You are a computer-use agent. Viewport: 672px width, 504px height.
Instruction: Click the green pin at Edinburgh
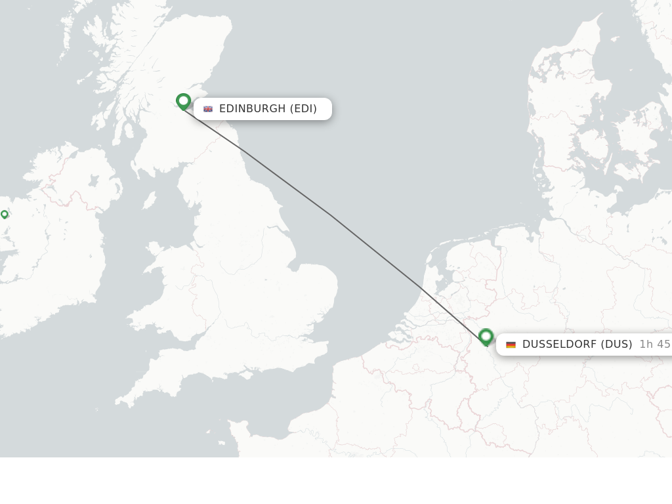pos(183,101)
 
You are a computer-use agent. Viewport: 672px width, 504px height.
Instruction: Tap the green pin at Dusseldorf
pos(486,337)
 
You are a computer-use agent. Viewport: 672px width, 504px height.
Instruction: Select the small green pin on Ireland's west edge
pos(5,214)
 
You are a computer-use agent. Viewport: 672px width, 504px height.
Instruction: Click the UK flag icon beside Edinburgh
pos(208,109)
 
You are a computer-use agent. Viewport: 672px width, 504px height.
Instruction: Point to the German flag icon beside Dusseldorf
pos(511,345)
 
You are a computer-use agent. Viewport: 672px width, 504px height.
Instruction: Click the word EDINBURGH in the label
pos(252,109)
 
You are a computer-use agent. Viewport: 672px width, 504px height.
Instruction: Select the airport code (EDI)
pos(303,109)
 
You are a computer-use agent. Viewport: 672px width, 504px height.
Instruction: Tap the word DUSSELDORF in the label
pos(559,345)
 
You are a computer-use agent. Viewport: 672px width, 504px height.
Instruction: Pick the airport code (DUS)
pos(617,345)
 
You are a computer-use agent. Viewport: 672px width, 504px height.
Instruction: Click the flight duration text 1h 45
pos(654,345)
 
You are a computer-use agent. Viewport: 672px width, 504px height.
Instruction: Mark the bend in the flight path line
pos(332,216)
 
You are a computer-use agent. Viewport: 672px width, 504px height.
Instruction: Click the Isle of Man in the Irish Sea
pos(150,200)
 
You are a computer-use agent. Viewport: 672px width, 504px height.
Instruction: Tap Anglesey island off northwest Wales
pos(155,250)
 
